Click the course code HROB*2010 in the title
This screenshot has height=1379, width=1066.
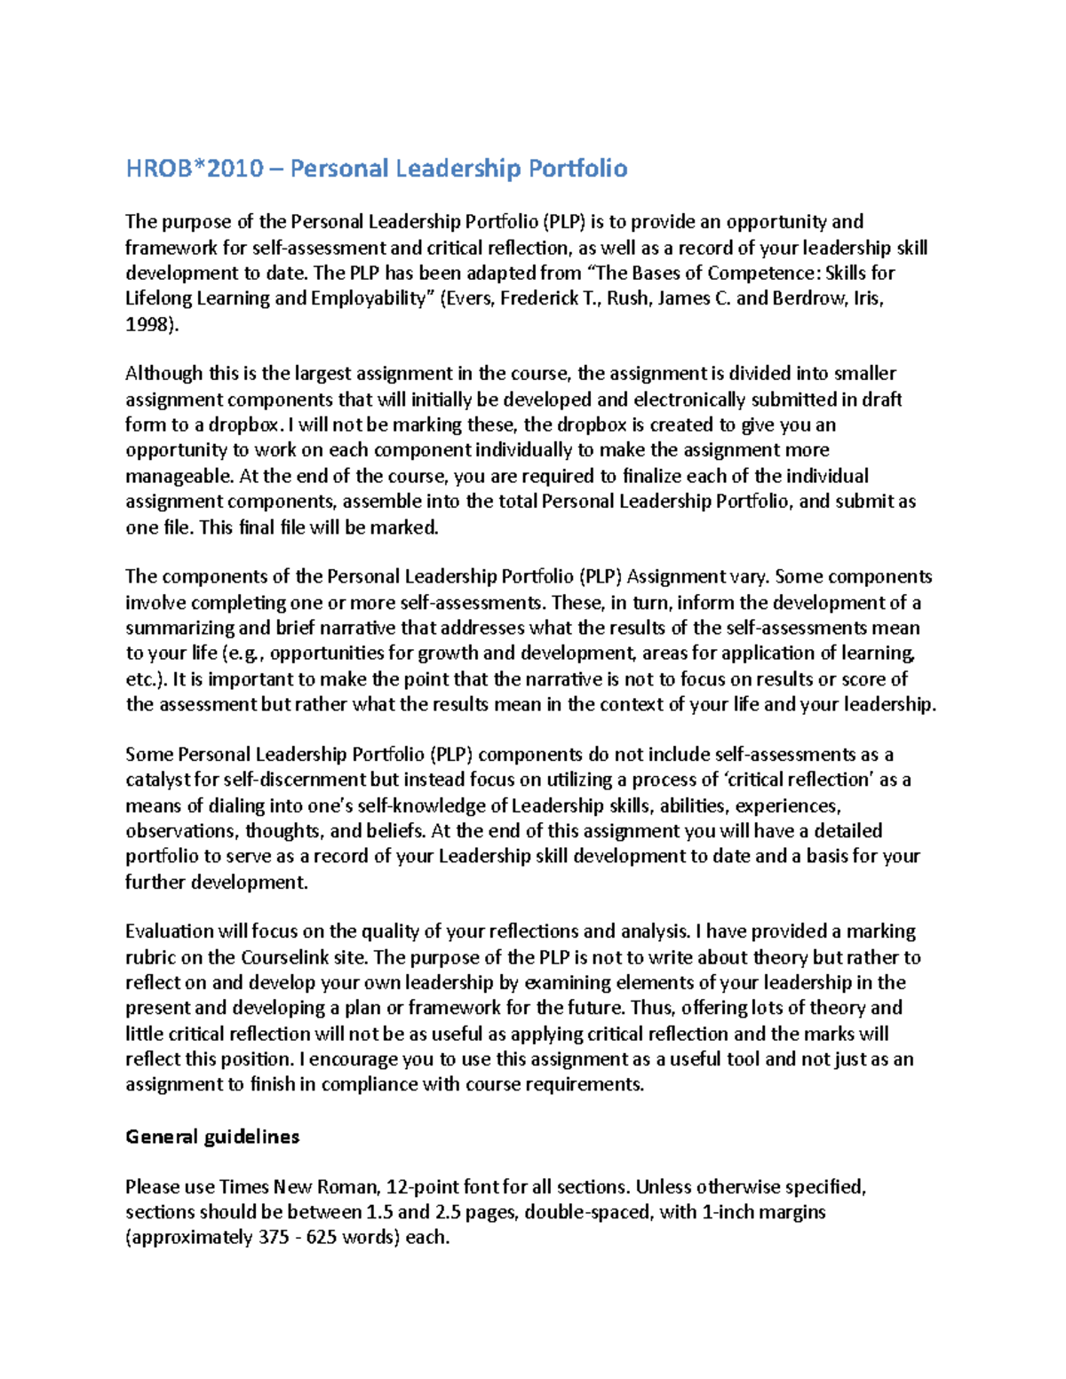click(194, 169)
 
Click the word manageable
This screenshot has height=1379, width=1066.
click(169, 476)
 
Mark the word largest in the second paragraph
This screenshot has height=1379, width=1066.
click(329, 374)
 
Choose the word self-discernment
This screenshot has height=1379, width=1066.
click(294, 780)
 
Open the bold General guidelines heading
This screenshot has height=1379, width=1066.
click(212, 1137)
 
